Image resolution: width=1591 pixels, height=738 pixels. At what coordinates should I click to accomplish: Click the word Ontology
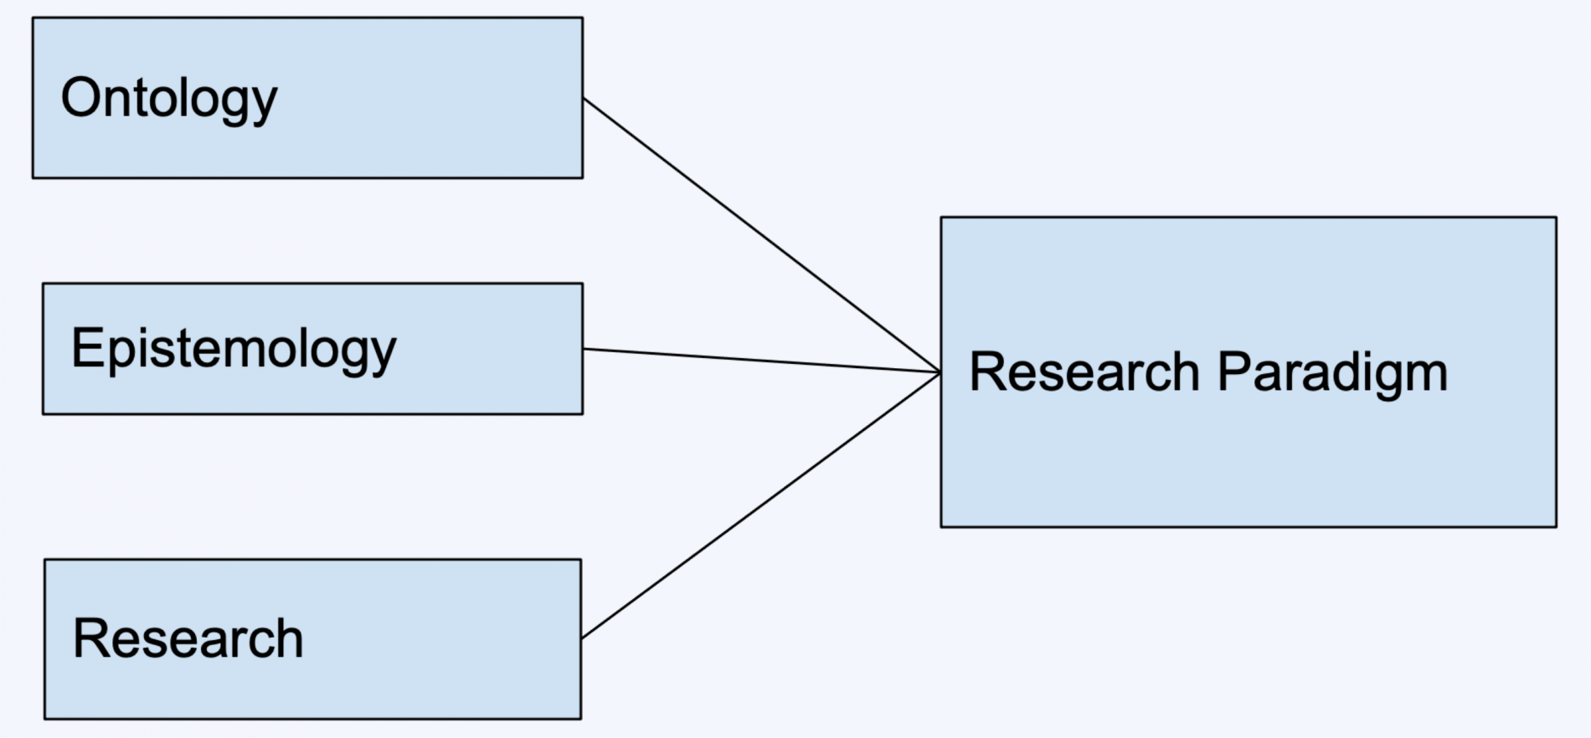coord(168,99)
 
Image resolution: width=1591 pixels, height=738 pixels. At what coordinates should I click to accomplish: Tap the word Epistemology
coord(234,349)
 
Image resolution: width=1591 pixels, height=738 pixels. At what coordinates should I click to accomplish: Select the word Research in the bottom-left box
coord(188,638)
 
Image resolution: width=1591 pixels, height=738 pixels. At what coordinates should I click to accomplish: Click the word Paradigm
coord(1331,372)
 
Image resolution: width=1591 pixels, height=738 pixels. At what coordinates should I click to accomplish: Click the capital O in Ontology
coord(80,97)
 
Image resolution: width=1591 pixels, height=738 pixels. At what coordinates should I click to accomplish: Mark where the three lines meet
coord(940,372)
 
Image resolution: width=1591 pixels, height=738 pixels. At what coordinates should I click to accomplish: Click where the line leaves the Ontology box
coord(584,99)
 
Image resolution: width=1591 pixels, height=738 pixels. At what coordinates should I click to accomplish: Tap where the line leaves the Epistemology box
coord(584,349)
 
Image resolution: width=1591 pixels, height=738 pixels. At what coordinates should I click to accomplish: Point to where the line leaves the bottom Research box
coord(582,638)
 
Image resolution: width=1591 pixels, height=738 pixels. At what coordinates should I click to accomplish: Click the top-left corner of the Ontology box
coord(33,18)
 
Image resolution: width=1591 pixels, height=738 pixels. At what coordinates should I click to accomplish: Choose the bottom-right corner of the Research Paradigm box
coord(1556,526)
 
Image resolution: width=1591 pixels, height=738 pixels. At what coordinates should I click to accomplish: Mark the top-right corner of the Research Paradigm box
coord(1556,218)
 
